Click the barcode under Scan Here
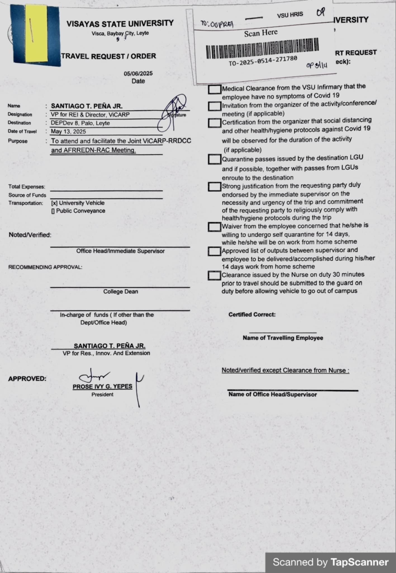262,48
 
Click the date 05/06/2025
138,74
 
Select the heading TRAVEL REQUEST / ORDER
109,56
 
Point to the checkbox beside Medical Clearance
214,90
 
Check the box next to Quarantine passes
214,159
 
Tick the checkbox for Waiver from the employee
214,227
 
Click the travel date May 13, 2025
68,131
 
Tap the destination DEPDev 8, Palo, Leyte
80,123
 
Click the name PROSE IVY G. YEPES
102,386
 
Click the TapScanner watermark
330,562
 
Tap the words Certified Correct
252,314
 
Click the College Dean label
120,292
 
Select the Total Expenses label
27,187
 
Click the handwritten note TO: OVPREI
217,25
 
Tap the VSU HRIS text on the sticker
290,15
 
